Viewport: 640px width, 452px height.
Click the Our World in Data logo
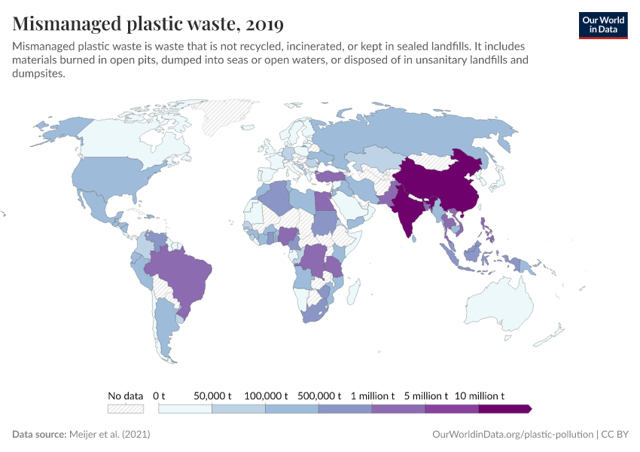tap(602, 25)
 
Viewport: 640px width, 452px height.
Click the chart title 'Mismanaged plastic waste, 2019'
tap(148, 24)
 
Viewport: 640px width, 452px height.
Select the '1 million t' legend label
tap(371, 395)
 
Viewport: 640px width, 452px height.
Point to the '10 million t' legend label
tap(480, 395)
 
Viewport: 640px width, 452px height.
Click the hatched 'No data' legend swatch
tap(125, 408)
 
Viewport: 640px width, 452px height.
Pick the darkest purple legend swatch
tap(504, 408)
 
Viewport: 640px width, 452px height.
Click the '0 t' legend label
tap(159, 395)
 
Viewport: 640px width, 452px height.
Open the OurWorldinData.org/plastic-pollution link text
tap(513, 435)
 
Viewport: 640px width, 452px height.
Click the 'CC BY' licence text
tap(614, 435)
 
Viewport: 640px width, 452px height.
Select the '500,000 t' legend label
tap(320, 395)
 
